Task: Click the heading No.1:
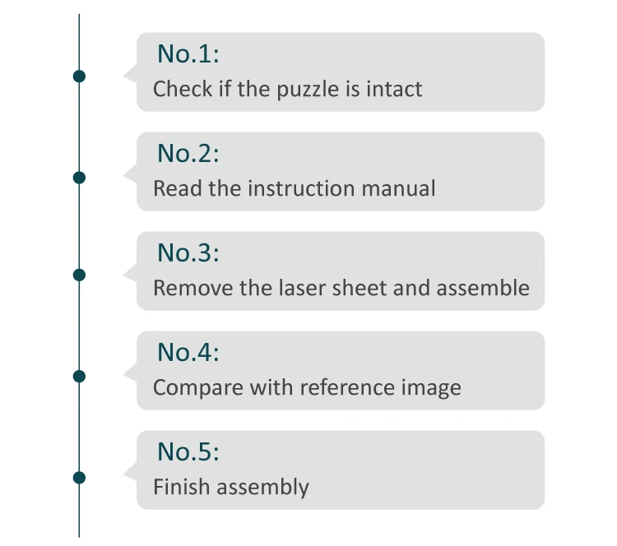tap(188, 54)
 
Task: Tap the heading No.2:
tap(188, 154)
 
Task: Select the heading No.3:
tap(188, 253)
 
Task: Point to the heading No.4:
tap(188, 353)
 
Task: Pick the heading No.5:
tap(188, 452)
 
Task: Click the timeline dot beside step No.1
tap(79, 76)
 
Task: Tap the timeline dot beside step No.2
tap(79, 177)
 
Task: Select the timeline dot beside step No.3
tap(79, 275)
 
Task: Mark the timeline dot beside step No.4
tap(79, 377)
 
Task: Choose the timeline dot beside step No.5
tap(79, 477)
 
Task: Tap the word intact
tap(394, 89)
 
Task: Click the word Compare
tap(193, 388)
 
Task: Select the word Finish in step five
tap(174, 487)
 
